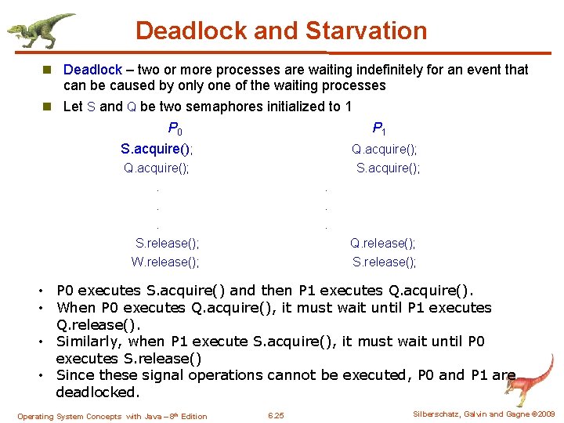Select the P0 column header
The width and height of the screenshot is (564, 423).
coord(175,128)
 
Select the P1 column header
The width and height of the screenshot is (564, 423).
coord(379,128)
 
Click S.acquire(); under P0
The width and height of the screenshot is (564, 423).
coord(157,149)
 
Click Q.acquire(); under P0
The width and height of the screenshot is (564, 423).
coord(157,168)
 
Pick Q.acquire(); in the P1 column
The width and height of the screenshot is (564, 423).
coord(384,149)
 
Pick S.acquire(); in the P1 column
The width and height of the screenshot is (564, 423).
coord(388,168)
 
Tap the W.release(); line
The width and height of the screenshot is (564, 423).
coord(164,262)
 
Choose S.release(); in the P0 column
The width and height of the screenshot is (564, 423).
coord(167,244)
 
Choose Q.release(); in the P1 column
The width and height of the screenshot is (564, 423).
coord(382,244)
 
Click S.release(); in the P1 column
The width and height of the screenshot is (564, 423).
coord(384,262)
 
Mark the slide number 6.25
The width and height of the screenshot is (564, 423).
coord(276,415)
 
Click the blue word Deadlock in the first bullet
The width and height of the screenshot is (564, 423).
coord(92,70)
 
